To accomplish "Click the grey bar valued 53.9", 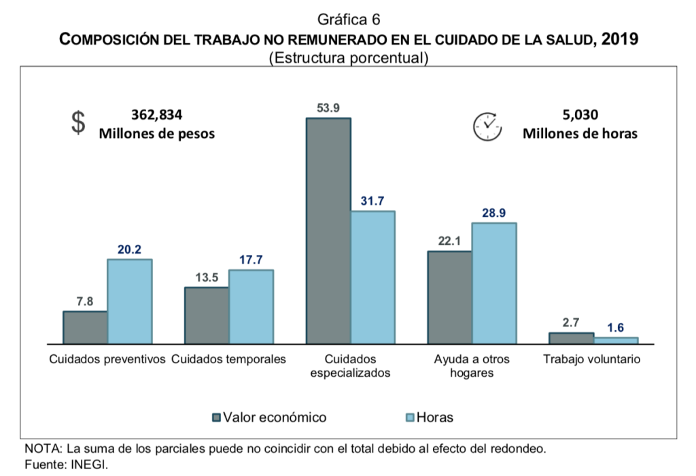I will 328,231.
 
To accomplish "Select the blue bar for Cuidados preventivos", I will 129,301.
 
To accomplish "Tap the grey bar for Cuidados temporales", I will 207,316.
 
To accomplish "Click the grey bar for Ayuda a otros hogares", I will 449,297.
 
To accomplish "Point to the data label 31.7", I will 372,201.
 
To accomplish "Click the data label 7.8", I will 84,302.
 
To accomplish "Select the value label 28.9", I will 493,213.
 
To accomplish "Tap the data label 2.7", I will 570,324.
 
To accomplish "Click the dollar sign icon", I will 80,123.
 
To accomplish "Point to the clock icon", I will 487,126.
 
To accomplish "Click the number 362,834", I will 156,115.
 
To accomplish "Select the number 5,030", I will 580,115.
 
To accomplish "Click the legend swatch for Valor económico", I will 217,418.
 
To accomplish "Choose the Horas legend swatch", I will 409,418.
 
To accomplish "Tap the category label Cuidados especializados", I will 350,366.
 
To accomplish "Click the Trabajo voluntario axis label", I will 591,358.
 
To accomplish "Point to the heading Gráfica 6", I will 348,20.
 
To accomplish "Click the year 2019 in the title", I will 620,39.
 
